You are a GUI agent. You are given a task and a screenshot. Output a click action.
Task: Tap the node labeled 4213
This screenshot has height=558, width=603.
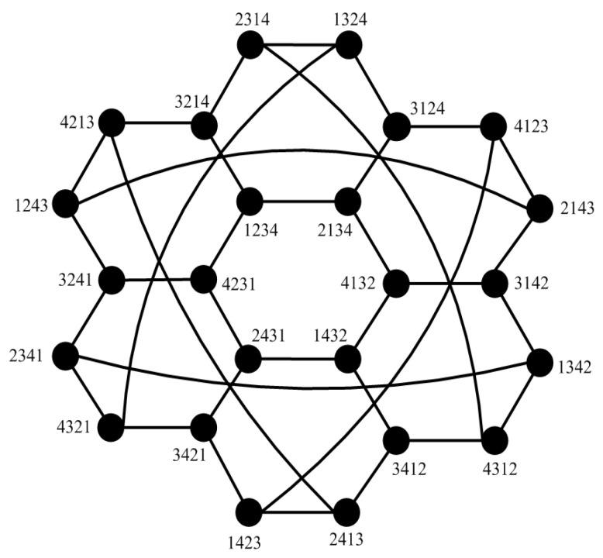tap(112, 122)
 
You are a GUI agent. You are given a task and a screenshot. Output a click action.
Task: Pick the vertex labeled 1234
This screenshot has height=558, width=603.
tap(250, 202)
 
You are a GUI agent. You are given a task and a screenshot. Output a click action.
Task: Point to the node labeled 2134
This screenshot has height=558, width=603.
tap(349, 202)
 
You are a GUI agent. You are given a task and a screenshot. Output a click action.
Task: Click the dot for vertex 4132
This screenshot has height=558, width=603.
tap(396, 283)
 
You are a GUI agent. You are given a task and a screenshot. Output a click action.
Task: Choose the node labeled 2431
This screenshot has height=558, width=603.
tap(250, 359)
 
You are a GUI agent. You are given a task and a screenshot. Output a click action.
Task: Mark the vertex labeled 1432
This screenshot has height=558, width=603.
tap(349, 359)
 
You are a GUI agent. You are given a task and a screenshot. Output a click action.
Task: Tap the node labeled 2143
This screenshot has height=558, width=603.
tap(540, 208)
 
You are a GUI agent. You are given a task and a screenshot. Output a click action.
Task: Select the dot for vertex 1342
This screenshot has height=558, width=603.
tap(540, 361)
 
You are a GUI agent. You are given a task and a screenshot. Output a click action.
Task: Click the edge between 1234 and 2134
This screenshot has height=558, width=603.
tap(299, 202)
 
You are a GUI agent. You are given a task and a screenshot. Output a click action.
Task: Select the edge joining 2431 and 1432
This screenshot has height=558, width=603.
tap(299, 359)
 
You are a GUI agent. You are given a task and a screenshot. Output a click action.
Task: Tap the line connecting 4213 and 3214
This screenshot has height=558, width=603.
tap(158, 123)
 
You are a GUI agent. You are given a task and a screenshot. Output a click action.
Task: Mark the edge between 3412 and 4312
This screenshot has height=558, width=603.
tap(446, 439)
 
